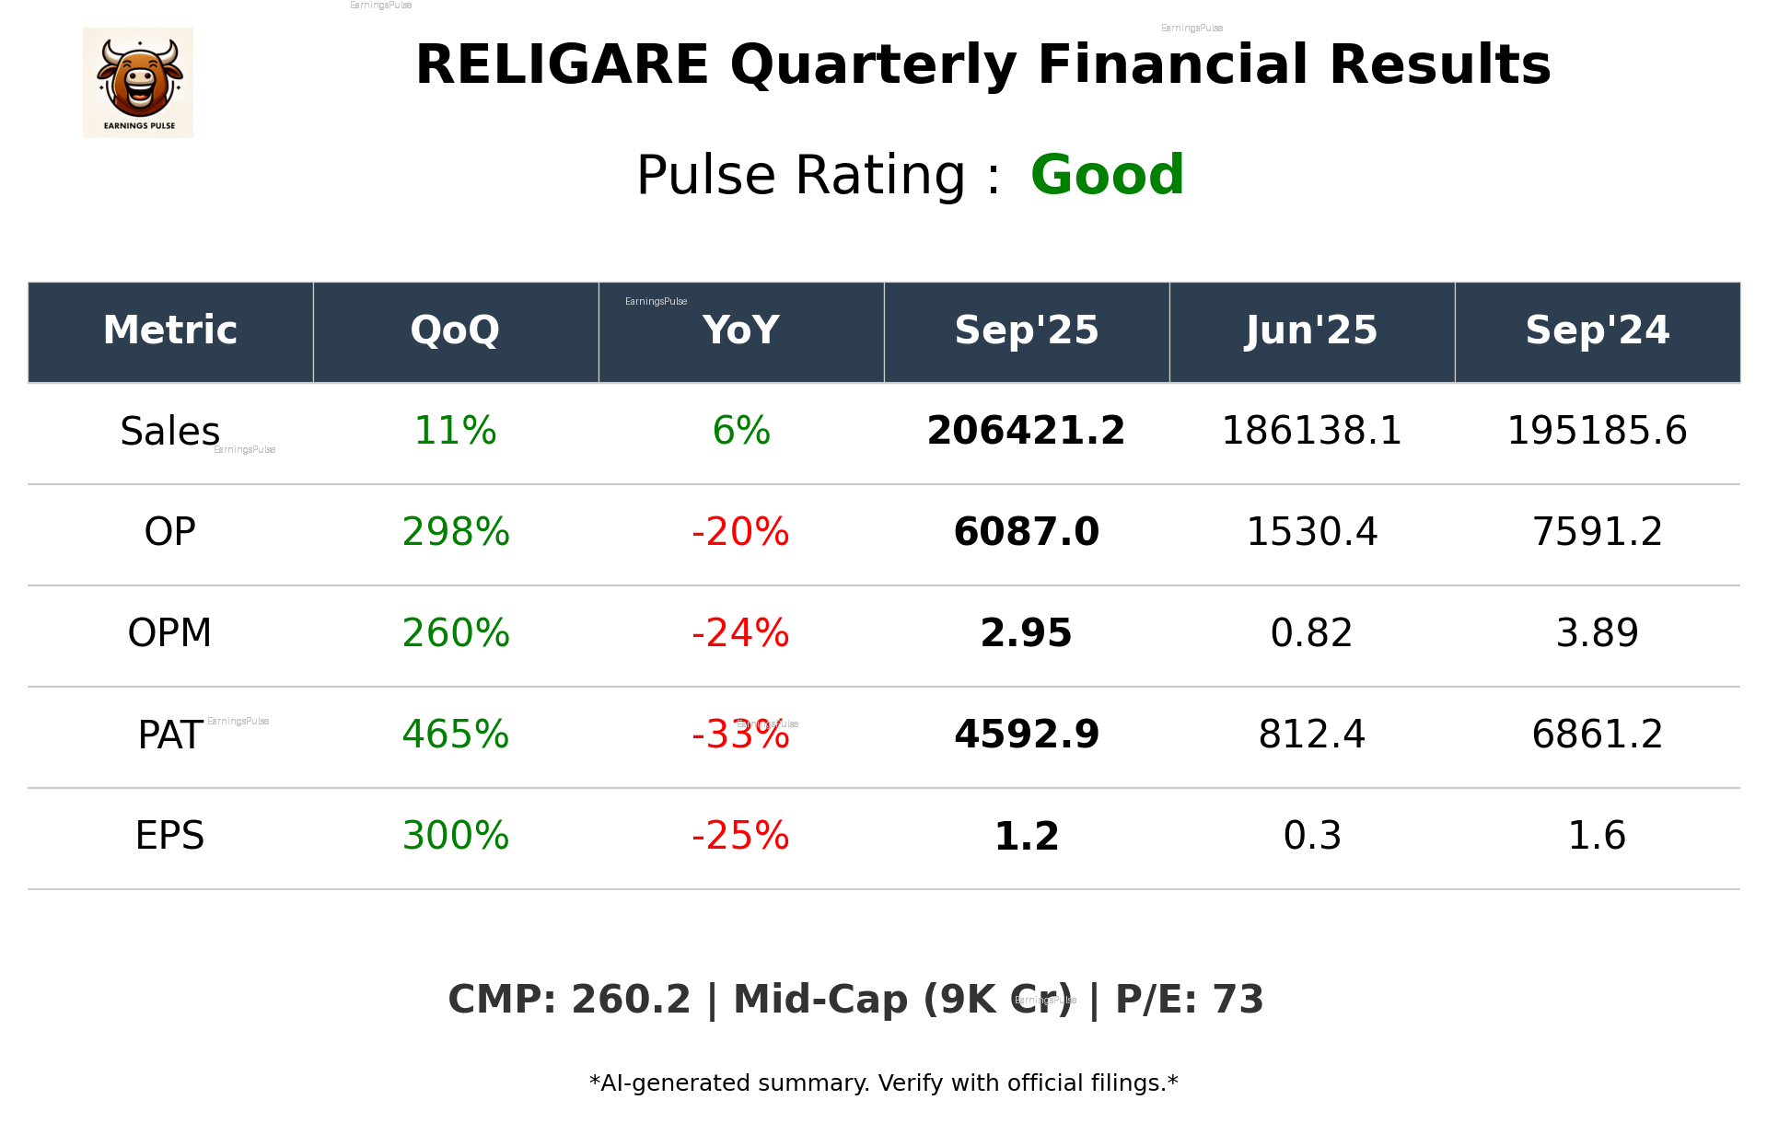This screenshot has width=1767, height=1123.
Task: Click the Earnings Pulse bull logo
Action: click(138, 83)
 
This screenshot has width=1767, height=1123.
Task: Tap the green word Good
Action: click(1107, 175)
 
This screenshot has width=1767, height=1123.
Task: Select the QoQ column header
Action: click(455, 330)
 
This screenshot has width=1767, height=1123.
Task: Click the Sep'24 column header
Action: click(1597, 330)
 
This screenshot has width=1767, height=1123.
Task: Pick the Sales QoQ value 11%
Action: click(455, 431)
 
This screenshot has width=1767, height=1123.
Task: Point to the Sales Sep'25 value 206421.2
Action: click(1026, 431)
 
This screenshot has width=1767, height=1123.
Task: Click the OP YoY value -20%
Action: click(740, 532)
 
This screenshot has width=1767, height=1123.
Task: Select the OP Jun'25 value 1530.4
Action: click(1311, 532)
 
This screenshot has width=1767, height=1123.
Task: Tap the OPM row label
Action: click(169, 633)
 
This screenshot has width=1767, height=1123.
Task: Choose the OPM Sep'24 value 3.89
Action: click(1597, 633)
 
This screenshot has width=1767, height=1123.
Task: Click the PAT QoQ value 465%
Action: click(455, 735)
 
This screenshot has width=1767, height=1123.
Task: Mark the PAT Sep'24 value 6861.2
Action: click(1597, 735)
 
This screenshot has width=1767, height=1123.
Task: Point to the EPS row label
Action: click(169, 836)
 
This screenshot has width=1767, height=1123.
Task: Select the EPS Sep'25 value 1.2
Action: click(1026, 836)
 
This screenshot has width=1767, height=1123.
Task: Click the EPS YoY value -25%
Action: click(740, 836)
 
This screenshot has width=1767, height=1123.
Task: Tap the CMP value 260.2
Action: click(630, 1000)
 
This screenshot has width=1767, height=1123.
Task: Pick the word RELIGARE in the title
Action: click(562, 65)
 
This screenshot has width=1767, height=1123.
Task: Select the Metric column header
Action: click(169, 330)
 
